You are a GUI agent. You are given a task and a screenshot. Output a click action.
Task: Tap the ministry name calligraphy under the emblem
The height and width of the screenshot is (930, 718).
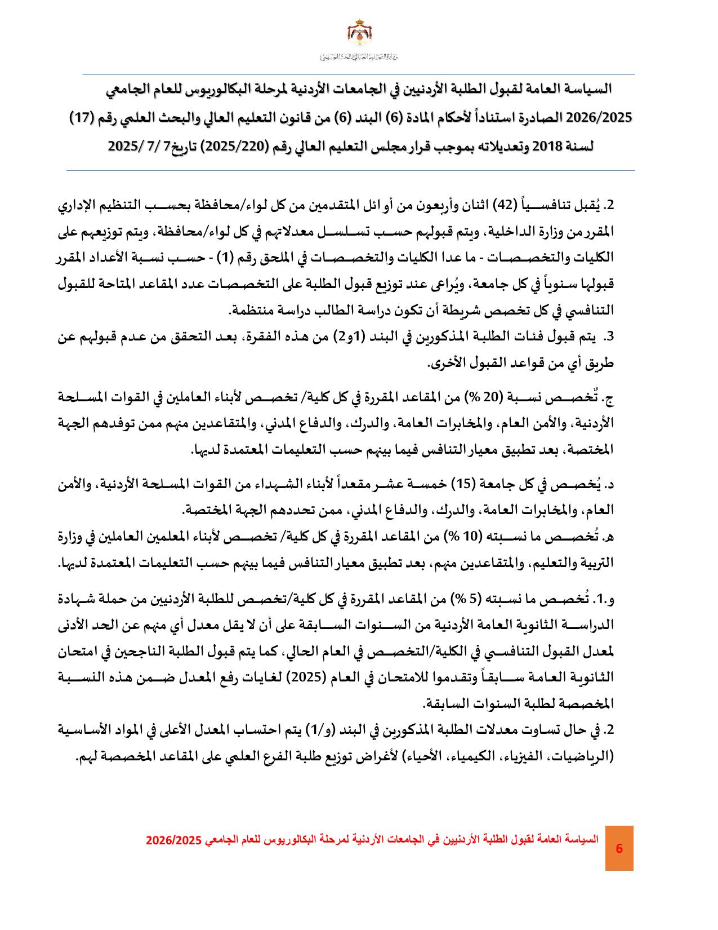(x=359, y=57)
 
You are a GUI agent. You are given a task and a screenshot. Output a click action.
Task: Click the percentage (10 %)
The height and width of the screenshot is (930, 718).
(x=462, y=537)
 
